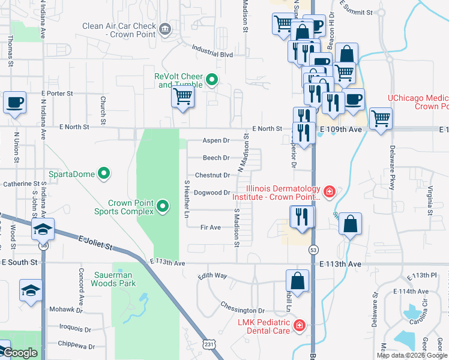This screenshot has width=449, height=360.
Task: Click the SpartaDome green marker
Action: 104,174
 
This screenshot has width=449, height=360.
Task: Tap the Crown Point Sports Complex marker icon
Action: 163,208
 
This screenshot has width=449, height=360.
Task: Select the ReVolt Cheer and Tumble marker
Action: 211,80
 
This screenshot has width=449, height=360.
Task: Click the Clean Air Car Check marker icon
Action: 164,28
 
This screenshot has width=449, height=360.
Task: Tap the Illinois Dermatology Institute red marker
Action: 329,192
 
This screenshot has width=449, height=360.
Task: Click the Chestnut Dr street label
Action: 212,175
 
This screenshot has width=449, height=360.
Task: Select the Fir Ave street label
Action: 211,227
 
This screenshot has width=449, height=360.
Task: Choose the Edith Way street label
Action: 212,276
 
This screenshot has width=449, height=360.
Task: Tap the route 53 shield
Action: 313,248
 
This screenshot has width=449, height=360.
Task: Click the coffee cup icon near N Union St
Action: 14,102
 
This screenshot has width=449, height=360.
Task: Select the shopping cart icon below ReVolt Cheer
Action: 182,98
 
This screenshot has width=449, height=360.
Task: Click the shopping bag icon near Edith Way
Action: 297,281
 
